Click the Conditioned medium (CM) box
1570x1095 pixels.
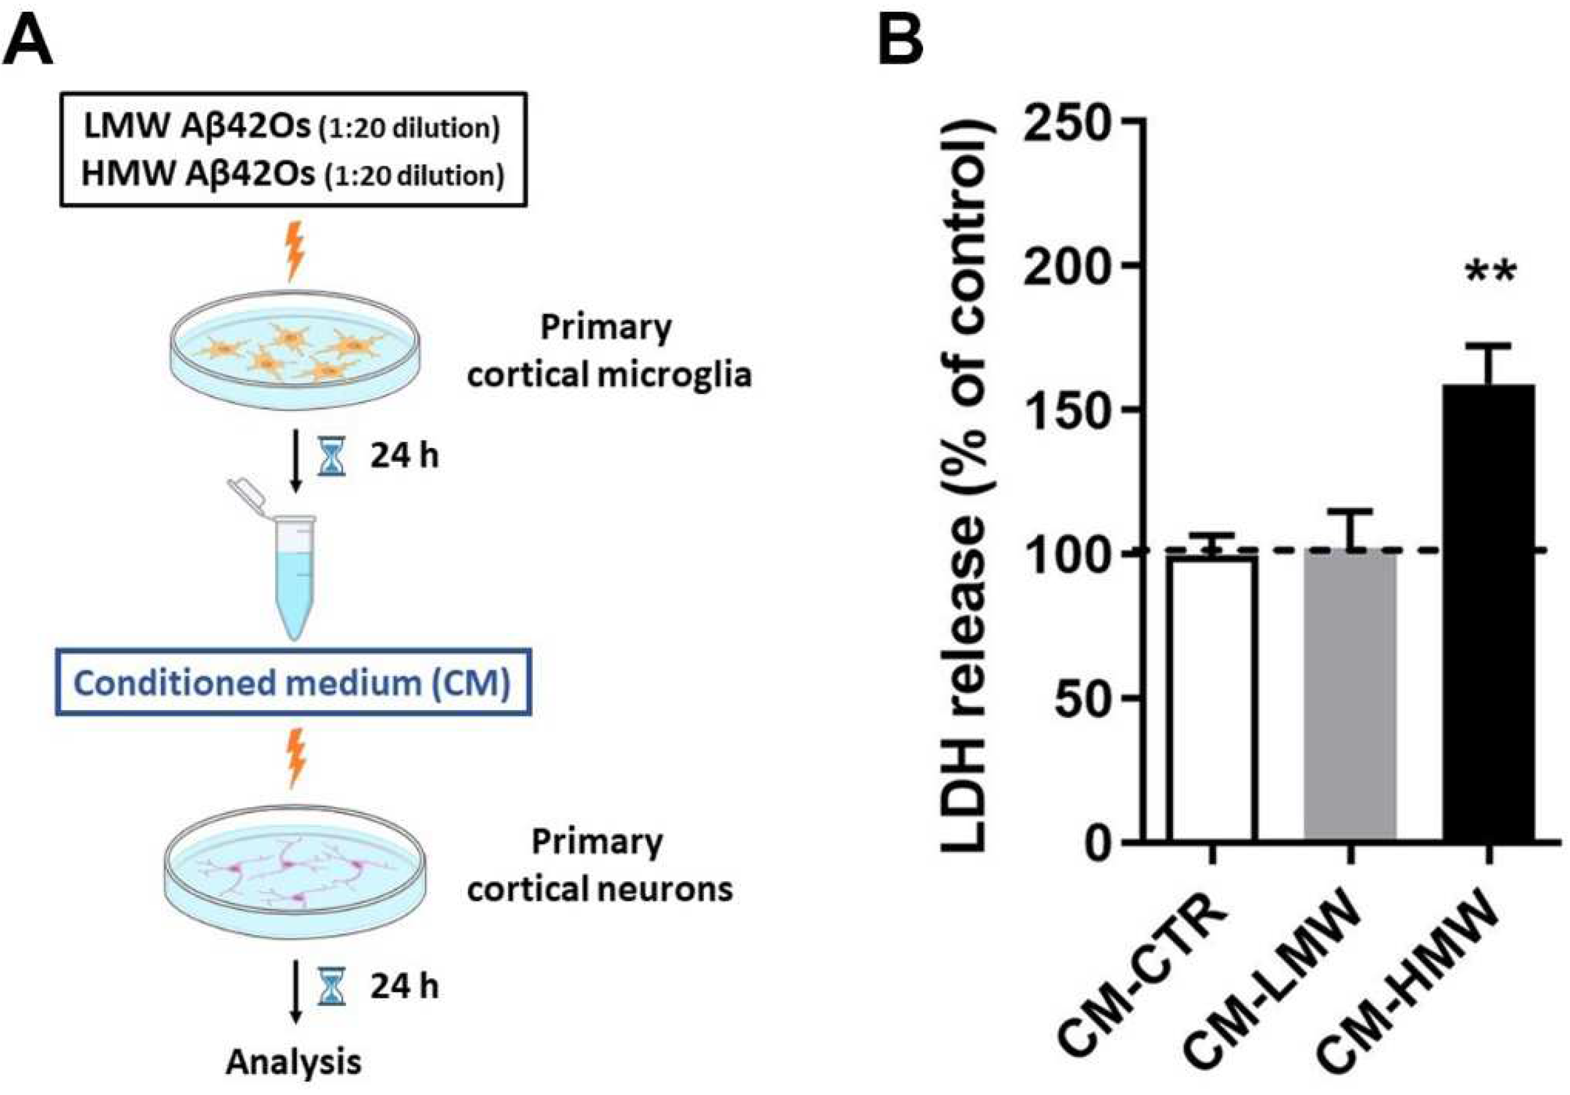point(292,682)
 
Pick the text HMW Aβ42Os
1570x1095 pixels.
point(198,174)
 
